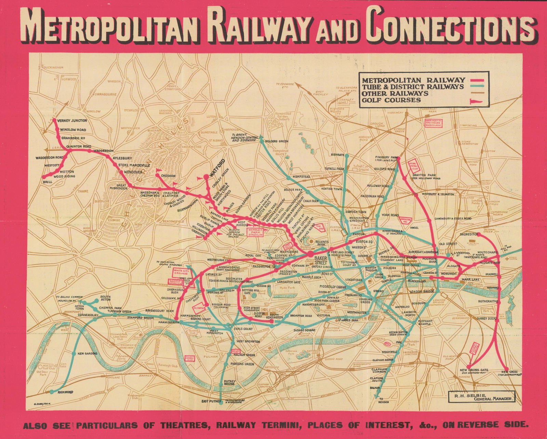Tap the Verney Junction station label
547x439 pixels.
(72, 121)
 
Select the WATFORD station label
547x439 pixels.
(217, 167)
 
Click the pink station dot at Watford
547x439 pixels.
(206, 177)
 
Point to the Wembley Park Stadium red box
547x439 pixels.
(255, 233)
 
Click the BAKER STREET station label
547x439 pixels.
(321, 260)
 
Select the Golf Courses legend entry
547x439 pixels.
(391, 100)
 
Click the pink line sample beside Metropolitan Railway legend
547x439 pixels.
(477, 80)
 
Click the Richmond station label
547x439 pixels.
(66, 392)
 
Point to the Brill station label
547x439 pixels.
(48, 182)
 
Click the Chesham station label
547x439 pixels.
(168, 176)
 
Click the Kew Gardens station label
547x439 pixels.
(88, 353)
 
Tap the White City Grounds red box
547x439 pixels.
(181, 272)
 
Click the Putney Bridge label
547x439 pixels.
(229, 382)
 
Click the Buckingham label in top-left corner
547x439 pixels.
(54, 68)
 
